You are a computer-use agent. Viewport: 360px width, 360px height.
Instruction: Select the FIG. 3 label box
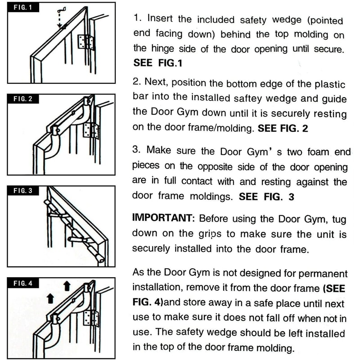click(21, 190)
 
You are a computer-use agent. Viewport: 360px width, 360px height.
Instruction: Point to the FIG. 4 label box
click(21, 283)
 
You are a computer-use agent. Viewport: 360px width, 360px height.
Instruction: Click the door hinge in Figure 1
click(85, 42)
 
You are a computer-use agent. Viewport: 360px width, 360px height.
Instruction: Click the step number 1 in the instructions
click(137, 19)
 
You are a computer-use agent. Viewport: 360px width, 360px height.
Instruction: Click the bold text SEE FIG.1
click(158, 63)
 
